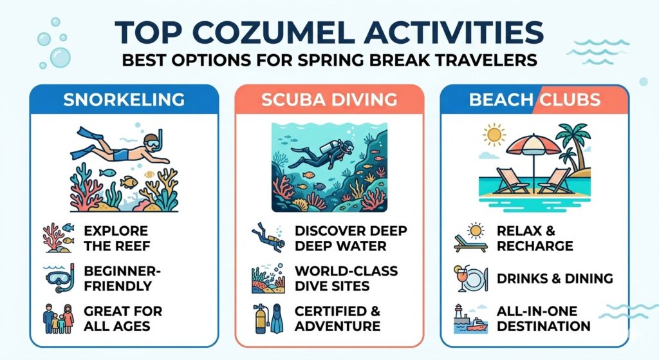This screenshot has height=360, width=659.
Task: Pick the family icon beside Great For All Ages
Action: [60, 317]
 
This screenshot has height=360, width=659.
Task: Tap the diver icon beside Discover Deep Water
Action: [267, 237]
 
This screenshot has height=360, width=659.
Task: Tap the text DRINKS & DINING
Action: [555, 278]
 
